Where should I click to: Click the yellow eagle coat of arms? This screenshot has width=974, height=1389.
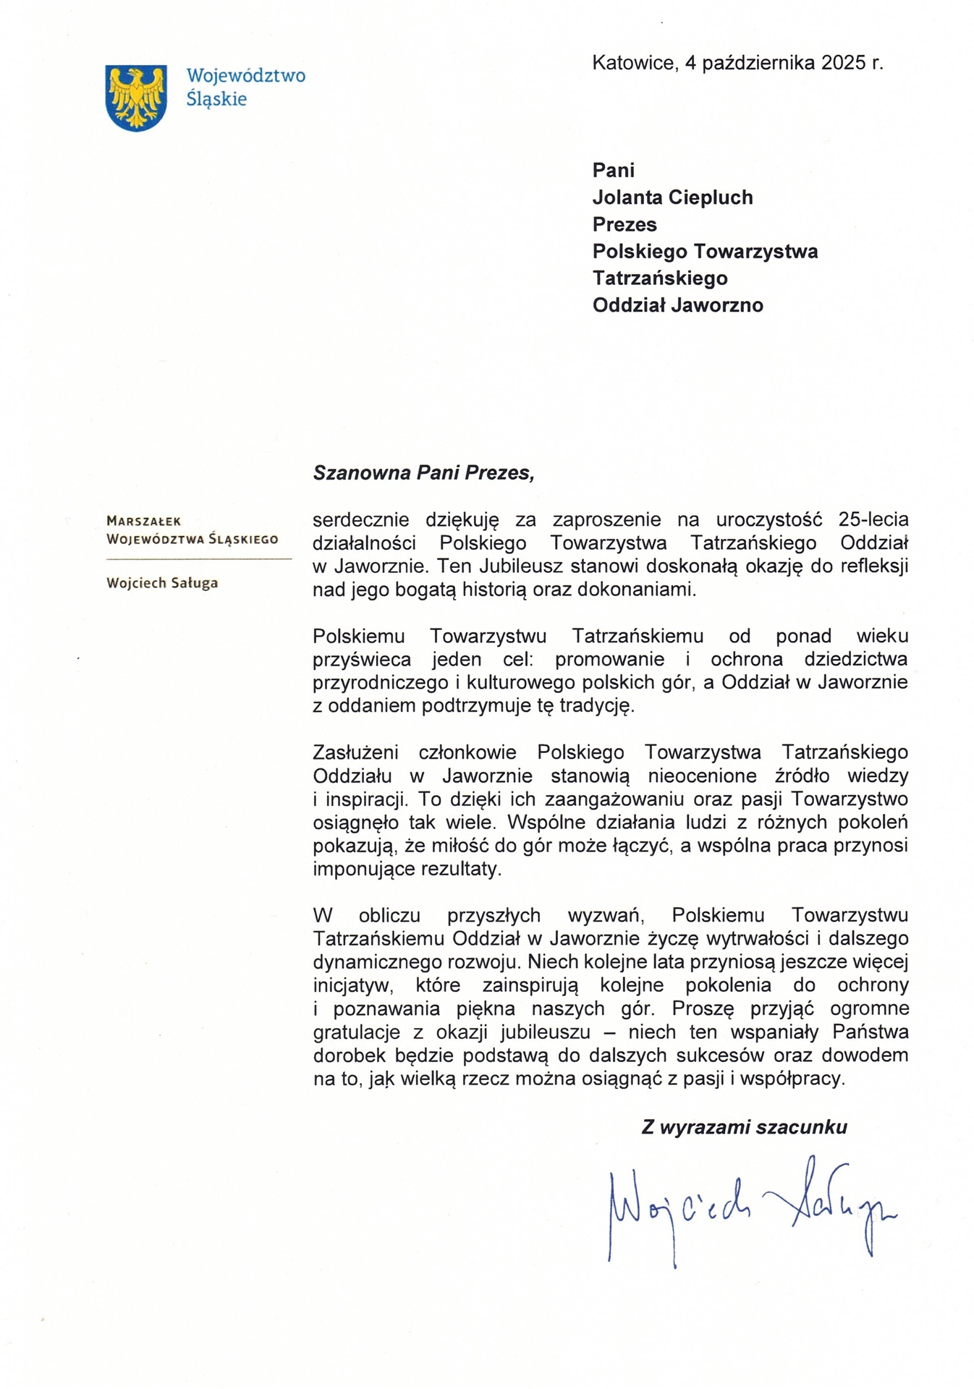136,98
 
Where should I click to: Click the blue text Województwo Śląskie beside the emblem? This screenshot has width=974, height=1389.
245,87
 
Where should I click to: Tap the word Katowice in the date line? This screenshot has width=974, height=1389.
634,63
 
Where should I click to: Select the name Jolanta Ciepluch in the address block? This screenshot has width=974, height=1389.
672,197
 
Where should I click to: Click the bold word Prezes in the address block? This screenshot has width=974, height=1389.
624,224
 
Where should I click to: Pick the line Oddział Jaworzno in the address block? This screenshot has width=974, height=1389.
677,305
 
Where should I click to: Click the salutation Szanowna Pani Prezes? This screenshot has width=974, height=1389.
423,473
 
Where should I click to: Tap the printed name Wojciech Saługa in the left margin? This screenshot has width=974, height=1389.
162,583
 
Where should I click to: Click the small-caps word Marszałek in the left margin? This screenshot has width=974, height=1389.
143,521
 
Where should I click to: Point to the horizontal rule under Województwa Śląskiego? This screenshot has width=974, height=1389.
198,559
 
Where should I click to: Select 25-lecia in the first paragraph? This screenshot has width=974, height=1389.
873,519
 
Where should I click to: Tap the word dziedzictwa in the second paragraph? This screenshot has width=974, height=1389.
856,659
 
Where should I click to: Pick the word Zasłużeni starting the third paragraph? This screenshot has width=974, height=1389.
355,752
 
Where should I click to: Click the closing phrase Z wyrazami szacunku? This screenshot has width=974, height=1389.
744,1127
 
